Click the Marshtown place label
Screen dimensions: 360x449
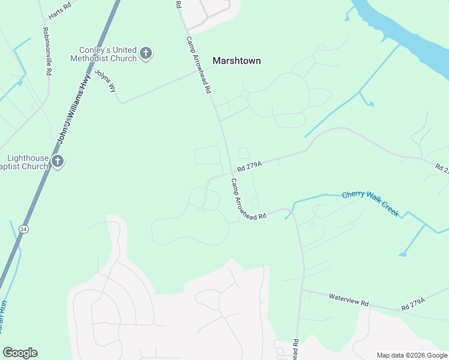[237, 60]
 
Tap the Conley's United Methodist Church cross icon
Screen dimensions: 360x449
[145, 54]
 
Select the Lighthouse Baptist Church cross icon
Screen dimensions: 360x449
[58, 161]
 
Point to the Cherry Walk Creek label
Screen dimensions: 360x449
[370, 204]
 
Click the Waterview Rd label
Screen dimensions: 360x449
[348, 299]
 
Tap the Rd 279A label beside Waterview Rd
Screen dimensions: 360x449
[413, 304]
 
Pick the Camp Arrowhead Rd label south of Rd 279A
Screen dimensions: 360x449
[249, 199]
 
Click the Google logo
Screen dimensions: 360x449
[20, 353]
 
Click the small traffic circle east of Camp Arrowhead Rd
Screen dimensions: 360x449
[244, 94]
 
